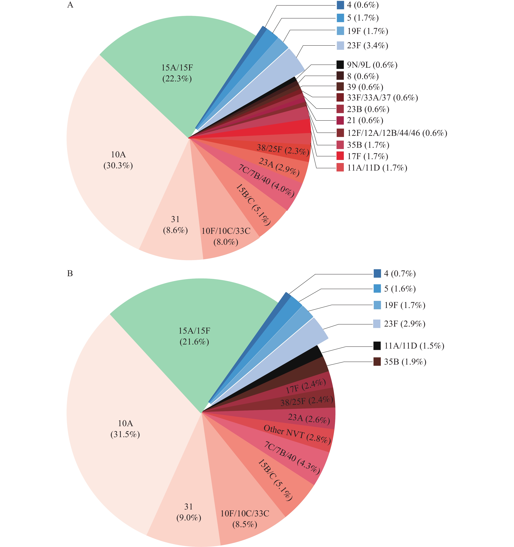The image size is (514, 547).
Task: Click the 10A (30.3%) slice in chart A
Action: [x=118, y=160]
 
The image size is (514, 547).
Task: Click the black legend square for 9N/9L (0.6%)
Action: [x=340, y=65]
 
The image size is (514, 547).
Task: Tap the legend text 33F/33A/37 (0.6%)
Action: [x=382, y=98]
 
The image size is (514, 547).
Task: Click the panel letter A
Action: [x=70, y=5]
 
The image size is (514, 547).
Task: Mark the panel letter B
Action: [x=70, y=274]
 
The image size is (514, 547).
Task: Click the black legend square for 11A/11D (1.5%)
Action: [x=377, y=346]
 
